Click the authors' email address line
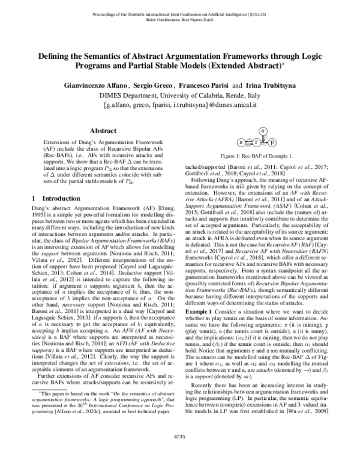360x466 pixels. [x=180, y=105]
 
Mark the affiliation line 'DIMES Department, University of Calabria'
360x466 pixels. [x=180, y=95]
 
